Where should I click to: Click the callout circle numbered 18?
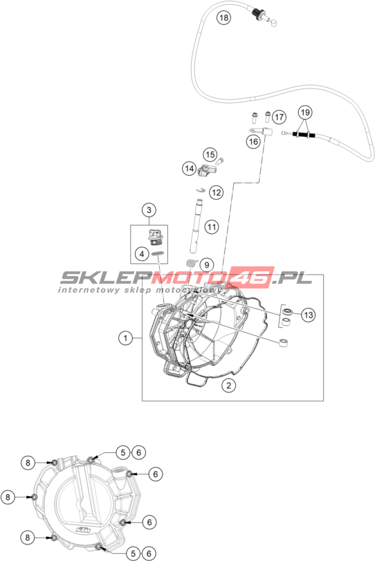[223, 17]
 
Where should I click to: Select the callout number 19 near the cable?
[305, 112]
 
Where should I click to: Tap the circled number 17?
[279, 117]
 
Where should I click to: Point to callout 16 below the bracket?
[253, 142]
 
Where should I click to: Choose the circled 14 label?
[190, 168]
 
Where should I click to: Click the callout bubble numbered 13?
[308, 315]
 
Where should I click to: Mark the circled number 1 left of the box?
[126, 338]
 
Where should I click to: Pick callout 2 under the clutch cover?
[228, 385]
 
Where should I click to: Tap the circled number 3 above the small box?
[149, 210]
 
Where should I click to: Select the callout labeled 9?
[206, 265]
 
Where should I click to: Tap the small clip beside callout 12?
[201, 190]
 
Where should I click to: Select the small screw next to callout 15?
[221, 161]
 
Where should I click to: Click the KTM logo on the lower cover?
[84, 529]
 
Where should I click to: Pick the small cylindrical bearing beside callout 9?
[191, 264]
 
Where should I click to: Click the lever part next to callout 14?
[207, 169]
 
